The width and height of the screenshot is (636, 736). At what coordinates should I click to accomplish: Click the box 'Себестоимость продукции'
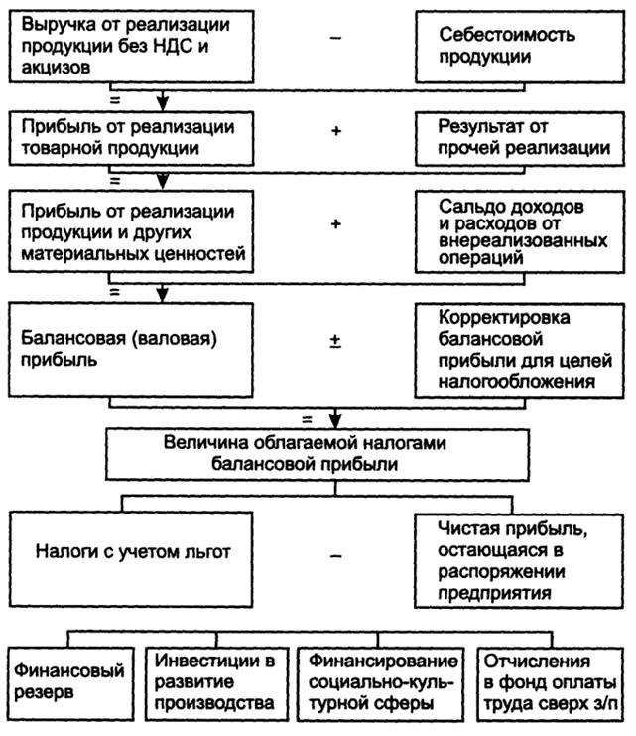tap(520, 47)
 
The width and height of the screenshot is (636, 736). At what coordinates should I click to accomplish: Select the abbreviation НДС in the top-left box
tap(172, 46)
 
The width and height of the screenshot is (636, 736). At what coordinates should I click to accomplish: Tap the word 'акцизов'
tap(56, 68)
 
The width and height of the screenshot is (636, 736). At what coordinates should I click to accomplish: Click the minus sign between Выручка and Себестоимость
tap(335, 38)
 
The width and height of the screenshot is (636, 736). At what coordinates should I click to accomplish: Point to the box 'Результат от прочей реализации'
tap(520, 138)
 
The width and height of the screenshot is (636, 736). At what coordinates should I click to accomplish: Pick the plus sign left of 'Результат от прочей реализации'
tap(335, 130)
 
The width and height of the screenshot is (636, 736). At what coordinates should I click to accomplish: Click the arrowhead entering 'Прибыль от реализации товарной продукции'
tap(163, 103)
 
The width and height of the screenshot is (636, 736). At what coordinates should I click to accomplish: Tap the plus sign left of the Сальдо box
tap(335, 223)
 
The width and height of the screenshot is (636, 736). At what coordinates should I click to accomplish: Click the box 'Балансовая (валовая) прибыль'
tap(131, 351)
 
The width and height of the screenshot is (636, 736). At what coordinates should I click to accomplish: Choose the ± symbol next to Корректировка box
tap(335, 341)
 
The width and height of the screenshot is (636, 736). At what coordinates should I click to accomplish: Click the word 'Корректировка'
tap(504, 317)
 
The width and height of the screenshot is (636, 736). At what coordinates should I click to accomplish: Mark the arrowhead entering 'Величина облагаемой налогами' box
tap(335, 420)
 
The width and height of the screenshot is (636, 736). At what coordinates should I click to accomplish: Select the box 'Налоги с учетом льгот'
tap(131, 559)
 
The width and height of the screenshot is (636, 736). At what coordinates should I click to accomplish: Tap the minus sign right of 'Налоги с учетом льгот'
tap(335, 556)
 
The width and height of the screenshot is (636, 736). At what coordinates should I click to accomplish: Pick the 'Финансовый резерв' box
tap(71, 684)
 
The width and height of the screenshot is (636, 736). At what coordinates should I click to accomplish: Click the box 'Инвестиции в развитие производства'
tap(216, 684)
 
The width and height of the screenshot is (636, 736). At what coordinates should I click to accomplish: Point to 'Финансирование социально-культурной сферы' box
tap(380, 684)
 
